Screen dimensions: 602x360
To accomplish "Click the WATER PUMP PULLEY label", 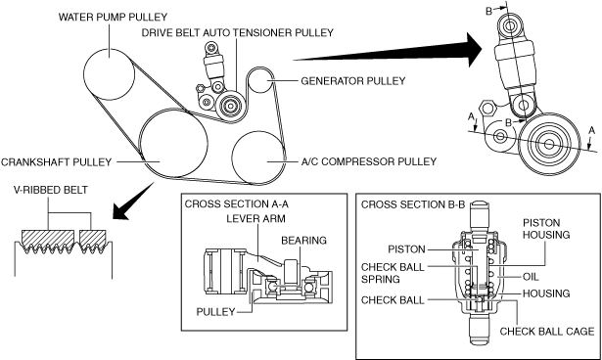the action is coord(113,18).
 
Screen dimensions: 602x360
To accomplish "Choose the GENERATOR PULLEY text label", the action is coord(353,81).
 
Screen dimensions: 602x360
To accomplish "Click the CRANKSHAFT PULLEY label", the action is coord(56,162).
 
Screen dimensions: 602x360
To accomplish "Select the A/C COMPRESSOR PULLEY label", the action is coord(369,161).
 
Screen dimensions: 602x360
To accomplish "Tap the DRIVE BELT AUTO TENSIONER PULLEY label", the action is coord(237,32).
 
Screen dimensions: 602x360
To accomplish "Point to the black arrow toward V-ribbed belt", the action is coord(133,202).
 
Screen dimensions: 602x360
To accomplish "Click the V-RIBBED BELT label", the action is coord(50,190).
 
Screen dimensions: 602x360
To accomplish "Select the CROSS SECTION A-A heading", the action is coord(237,203).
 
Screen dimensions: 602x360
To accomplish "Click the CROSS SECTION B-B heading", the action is coord(413,204).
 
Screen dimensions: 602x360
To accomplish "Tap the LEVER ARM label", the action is coord(255,219).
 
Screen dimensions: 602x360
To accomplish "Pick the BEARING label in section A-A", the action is coord(303,241).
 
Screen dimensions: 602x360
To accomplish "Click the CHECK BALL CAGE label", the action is coord(547,332).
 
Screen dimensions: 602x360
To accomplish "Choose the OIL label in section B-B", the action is coord(531,277).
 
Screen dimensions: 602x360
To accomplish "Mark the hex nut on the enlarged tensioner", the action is coord(487,108).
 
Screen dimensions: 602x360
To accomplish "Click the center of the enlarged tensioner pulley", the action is coord(548,144).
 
